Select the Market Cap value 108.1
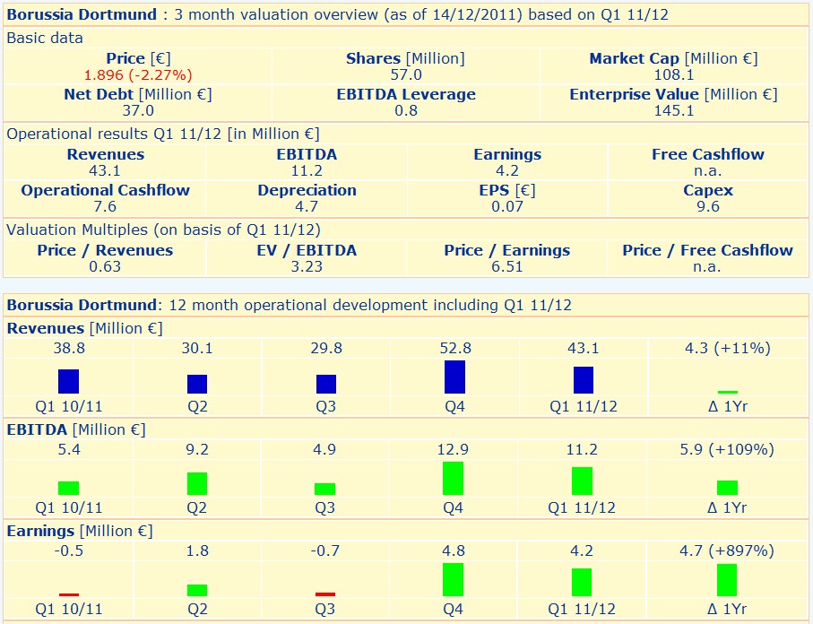(673, 74)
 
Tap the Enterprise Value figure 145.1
(673, 110)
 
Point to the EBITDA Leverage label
(406, 94)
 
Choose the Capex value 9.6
(708, 206)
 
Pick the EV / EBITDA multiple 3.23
(307, 266)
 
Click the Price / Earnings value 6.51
(507, 266)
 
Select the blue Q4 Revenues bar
(454, 377)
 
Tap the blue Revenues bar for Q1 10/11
(68, 381)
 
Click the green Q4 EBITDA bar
(454, 478)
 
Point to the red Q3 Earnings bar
(325, 594)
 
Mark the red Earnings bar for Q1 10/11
(68, 594)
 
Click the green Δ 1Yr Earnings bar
(726, 579)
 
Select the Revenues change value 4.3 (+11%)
(727, 348)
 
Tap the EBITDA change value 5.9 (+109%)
(727, 449)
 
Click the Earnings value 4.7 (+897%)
(727, 550)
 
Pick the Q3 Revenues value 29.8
(325, 348)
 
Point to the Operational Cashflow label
(105, 190)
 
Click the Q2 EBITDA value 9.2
(197, 449)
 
